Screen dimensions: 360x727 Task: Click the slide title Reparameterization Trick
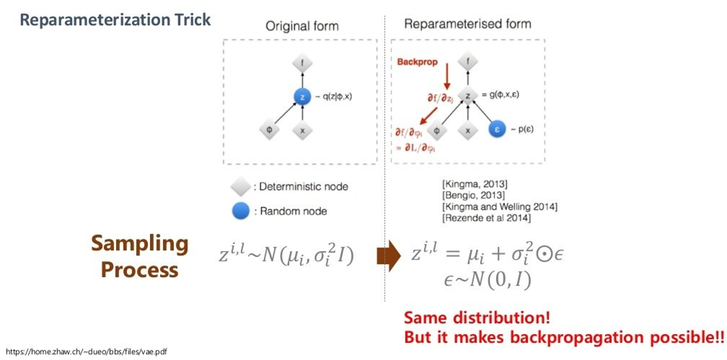pyautogui.click(x=115, y=19)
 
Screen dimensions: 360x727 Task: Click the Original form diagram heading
pyautogui.click(x=301, y=26)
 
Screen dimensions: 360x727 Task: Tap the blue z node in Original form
pyautogui.click(x=301, y=96)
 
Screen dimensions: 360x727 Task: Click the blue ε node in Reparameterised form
pyautogui.click(x=495, y=131)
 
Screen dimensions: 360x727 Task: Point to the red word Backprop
pyautogui.click(x=418, y=63)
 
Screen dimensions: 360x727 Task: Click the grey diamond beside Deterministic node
pyautogui.click(x=240, y=187)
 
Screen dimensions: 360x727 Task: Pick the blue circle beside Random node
pyautogui.click(x=240, y=211)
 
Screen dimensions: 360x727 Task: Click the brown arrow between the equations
pyautogui.click(x=388, y=258)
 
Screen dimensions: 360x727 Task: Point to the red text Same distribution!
pyautogui.click(x=477, y=317)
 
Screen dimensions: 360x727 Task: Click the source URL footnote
pyautogui.click(x=86, y=351)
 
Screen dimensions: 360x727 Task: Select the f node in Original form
pyautogui.click(x=301, y=63)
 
